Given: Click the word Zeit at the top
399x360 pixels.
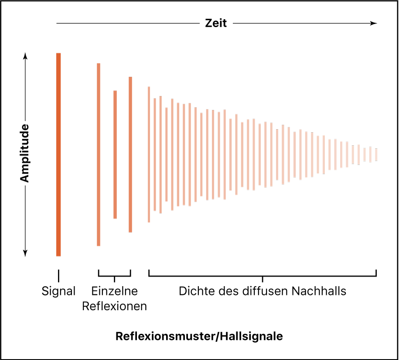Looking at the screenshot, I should (216, 23).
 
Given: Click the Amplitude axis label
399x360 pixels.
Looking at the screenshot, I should (25, 153).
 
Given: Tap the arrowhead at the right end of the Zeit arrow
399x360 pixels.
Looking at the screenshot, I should (374, 23).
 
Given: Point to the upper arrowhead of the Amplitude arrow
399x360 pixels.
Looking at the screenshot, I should (25, 56).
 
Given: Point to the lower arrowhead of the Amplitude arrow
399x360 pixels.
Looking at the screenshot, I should (25, 253).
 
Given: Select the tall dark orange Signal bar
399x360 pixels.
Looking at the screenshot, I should (58, 154).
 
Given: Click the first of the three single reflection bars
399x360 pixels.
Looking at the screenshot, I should (99, 154).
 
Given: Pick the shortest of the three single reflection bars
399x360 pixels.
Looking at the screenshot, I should (115, 154).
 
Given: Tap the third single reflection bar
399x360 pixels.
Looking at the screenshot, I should (130, 154).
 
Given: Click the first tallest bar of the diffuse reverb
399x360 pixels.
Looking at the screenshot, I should (149, 154).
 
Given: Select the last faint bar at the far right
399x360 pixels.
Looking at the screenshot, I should (376, 155).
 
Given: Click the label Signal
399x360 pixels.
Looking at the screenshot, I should (58, 291).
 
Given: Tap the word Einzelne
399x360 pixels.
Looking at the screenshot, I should (115, 291).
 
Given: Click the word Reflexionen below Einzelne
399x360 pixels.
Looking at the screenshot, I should (114, 306).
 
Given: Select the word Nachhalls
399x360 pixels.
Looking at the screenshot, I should (320, 291).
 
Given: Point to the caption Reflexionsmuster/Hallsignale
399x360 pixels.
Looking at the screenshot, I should (199, 336).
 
